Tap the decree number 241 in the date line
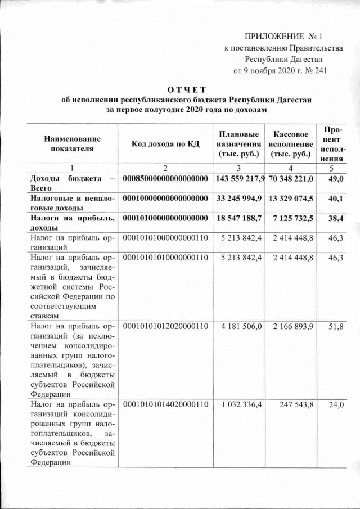(318, 70)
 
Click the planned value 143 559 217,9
(238, 178)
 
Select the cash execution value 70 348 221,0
(290, 178)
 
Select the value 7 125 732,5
(293, 218)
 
